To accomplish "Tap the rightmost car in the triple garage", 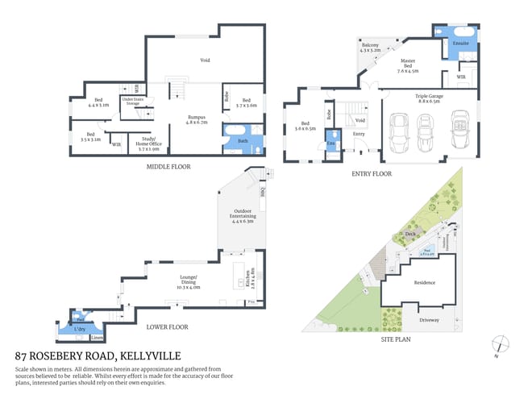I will point(460,131).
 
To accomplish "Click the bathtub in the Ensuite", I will point(461,35).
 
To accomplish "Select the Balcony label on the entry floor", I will point(370,47).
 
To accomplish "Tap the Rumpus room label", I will point(197,119).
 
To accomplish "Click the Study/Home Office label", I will point(150,145).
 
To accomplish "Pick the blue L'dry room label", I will point(80,329).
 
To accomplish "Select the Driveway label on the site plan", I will point(429,319).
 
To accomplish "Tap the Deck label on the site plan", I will point(409,235).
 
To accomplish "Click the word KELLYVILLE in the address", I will point(150,355).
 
